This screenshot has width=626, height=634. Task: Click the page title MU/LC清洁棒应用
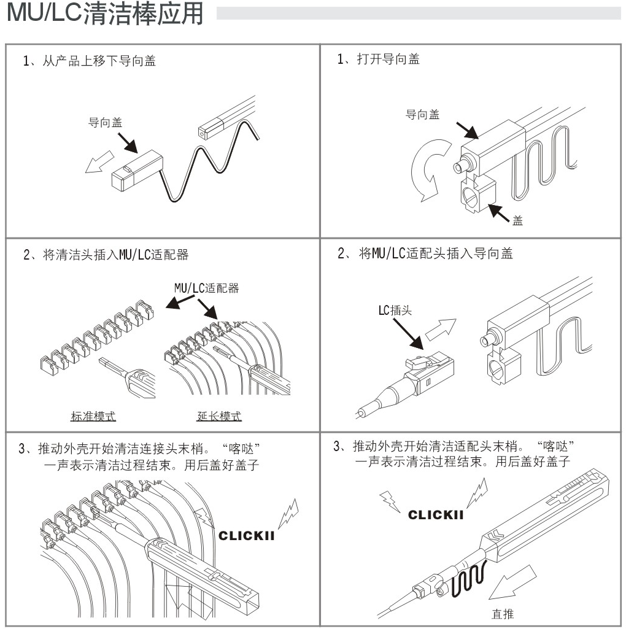pos(105,15)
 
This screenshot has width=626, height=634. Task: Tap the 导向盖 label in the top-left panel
pos(105,123)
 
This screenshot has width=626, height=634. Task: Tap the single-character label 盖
pos(517,221)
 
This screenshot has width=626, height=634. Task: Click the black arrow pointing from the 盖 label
pos(498,213)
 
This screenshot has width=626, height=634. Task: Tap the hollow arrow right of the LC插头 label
pos(441,331)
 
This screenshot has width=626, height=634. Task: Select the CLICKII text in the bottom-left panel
pos(246,536)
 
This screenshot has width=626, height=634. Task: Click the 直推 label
pos(503,614)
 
